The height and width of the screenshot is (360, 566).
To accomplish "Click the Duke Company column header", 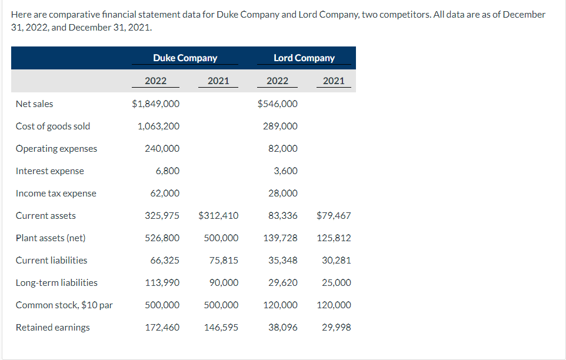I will click(185, 58).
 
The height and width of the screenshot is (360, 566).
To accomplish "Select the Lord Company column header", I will click(304, 58).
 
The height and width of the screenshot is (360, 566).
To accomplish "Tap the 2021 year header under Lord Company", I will click(334, 81).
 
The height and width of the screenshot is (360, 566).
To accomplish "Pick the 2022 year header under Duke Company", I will click(155, 81).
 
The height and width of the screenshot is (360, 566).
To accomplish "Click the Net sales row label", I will click(34, 104).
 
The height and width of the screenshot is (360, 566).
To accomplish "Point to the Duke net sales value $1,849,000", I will click(156, 104).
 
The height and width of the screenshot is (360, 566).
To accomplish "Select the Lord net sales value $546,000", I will click(278, 104).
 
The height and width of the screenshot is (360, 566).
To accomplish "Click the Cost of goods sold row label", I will click(53, 126).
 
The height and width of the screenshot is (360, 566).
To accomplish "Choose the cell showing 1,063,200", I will click(159, 126).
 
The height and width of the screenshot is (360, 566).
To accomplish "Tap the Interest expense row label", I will click(49, 171).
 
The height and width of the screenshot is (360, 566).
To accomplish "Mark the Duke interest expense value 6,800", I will click(168, 171).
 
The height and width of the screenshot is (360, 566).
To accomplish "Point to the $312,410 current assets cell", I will click(219, 215).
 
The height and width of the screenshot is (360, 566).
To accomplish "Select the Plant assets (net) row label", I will click(51, 238).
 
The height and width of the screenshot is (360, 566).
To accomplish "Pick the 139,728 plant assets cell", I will click(281, 238).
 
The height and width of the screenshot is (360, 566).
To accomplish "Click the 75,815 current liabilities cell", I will click(224, 260).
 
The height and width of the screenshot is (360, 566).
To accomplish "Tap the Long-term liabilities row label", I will click(56, 282).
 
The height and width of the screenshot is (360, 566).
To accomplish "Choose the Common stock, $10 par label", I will click(64, 305).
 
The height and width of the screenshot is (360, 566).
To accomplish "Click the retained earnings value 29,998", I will click(337, 327).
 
